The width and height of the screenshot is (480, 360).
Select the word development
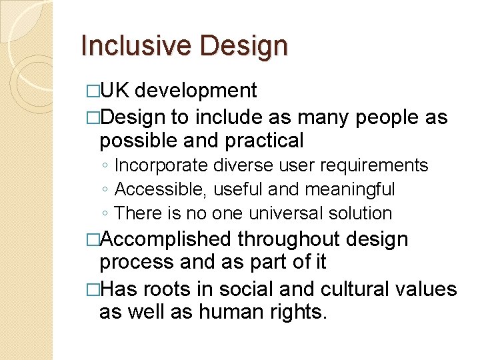(199, 90)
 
